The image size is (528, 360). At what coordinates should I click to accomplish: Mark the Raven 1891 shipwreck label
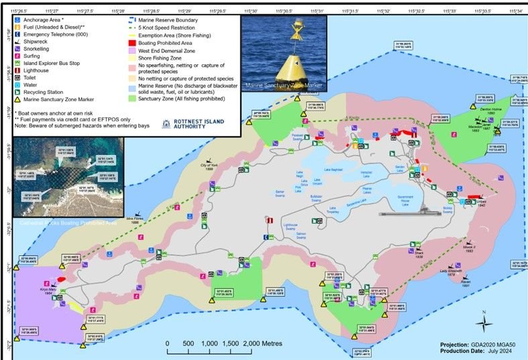pos(467,284)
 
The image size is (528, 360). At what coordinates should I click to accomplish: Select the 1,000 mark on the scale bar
pos(209,343)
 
